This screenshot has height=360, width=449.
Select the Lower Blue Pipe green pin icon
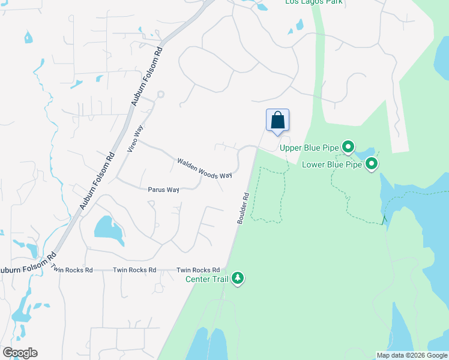pos(372,163)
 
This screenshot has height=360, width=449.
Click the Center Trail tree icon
pos(238,278)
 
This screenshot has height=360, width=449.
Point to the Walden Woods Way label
pos(204,168)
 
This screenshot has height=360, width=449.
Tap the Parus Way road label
pos(164,190)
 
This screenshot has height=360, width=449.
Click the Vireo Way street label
pos(136,139)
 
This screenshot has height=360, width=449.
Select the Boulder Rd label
pos(242,208)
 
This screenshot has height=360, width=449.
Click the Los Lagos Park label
pos(308,2)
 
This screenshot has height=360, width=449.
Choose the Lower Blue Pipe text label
pos(332,164)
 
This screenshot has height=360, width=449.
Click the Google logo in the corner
pos(20,353)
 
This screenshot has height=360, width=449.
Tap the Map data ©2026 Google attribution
pos(412,355)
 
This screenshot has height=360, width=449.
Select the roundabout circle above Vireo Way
pos(160,94)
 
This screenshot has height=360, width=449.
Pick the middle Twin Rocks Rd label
pos(134,270)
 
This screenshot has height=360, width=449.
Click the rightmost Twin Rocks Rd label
pos(198,270)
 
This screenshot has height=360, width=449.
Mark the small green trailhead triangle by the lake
pos(384,220)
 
